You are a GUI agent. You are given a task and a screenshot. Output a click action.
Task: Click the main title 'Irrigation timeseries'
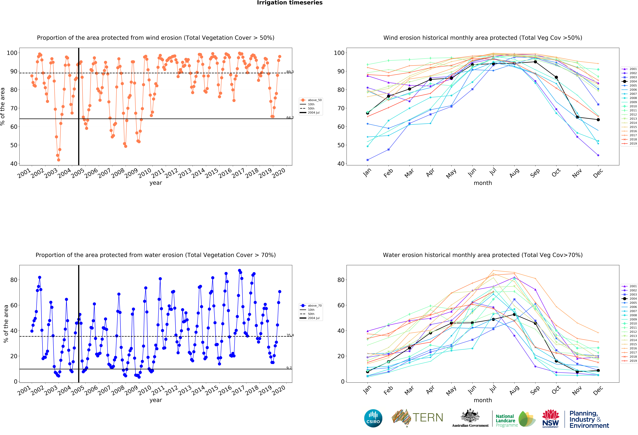pyautogui.click(x=290, y=3)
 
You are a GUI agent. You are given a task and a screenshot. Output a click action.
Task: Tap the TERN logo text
pyautogui.click(x=428, y=418)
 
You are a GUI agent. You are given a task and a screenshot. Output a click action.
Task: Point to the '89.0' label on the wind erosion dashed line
pyautogui.click(x=290, y=72)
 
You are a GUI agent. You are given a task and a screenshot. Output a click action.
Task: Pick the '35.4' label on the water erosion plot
pyautogui.click(x=290, y=335)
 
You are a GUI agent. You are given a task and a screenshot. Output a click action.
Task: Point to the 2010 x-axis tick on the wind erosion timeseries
pyautogui.click(x=144, y=173)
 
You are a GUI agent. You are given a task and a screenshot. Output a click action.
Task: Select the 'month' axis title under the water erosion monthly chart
pyautogui.click(x=483, y=400)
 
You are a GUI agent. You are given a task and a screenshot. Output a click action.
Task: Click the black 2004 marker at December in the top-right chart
pyautogui.click(x=598, y=120)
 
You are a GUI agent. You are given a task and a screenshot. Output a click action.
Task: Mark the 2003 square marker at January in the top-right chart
pyautogui.click(x=368, y=160)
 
